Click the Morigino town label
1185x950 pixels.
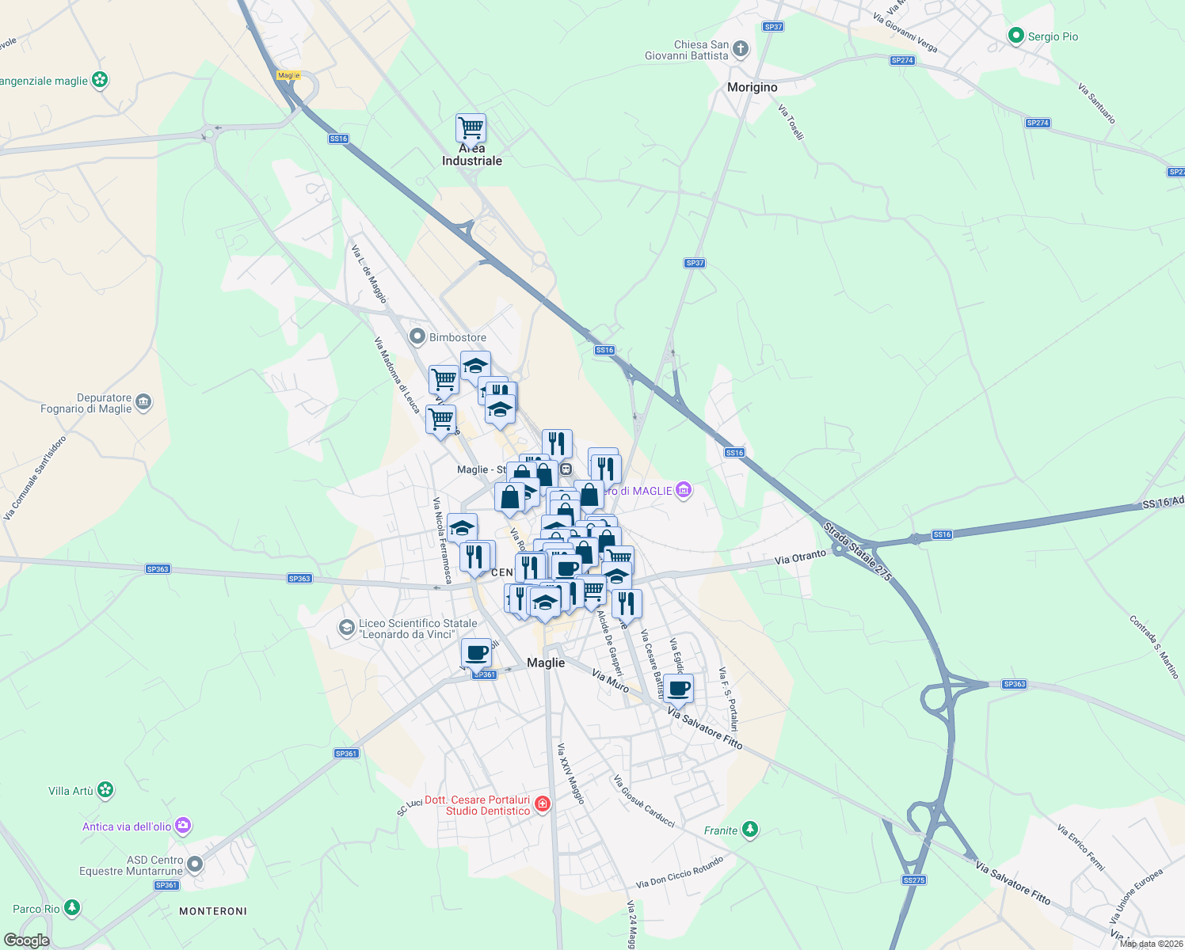pos(752,87)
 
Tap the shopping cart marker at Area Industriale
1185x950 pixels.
pos(471,127)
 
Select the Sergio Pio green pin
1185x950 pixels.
pos(1015,36)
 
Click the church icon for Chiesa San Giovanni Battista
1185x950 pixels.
pos(740,50)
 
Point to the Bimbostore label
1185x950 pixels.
pos(457,337)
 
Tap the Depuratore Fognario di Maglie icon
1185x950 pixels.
pos(143,403)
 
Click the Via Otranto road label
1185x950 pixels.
pos(800,558)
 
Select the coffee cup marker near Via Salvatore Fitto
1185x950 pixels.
pos(678,689)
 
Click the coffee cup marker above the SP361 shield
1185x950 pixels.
pos(476,653)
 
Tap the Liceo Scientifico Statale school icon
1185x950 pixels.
pos(346,628)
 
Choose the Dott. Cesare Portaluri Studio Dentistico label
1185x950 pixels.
pos(478,805)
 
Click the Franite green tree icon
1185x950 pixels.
pos(749,830)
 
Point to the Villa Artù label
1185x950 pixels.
pos(70,791)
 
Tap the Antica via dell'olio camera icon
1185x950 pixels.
pos(184,826)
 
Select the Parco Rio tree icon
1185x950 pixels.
pos(72,907)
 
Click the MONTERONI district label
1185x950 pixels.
pos(213,911)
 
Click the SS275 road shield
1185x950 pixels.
pos(913,880)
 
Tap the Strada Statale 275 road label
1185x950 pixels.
pos(858,551)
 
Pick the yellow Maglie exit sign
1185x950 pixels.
pos(288,75)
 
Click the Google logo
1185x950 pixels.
pos(26,940)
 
